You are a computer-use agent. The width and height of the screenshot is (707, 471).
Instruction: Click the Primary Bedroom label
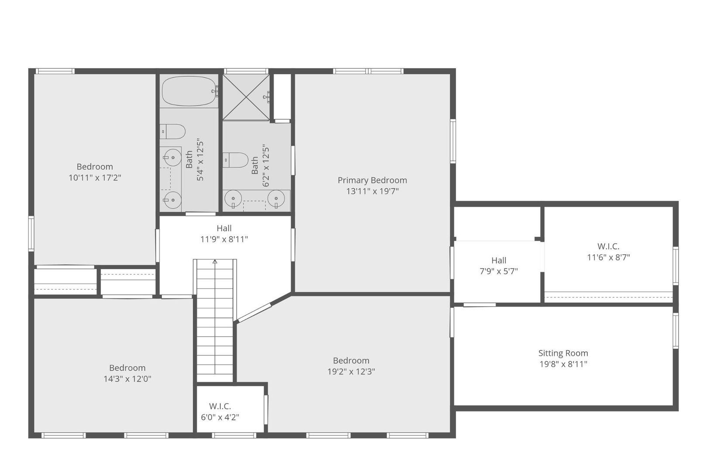point(372,180)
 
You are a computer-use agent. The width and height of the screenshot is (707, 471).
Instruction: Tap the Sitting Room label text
point(563,353)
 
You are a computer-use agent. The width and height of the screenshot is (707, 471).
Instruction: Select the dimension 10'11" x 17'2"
point(95,177)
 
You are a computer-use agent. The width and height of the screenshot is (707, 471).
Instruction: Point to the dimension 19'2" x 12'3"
point(351,371)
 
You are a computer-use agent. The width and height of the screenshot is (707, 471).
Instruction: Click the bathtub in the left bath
point(190,91)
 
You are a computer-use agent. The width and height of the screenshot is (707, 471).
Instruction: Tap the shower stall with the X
point(246,97)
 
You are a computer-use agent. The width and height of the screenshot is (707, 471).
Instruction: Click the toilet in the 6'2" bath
point(236,160)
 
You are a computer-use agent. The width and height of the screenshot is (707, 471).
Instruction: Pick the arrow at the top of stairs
point(215,262)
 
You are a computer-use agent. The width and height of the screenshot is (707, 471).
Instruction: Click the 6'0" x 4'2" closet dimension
point(220,417)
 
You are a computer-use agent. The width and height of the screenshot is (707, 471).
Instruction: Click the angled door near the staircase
point(254,313)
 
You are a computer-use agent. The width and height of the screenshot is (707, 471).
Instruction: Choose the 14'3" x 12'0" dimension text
point(127,379)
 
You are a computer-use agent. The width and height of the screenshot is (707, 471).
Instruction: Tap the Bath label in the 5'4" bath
point(189,159)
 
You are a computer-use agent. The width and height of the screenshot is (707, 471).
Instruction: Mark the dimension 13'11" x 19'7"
point(372,191)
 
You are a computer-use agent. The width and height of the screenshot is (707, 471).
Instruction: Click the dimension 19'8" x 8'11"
point(563,364)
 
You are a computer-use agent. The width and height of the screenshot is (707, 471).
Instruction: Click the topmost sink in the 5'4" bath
point(172,157)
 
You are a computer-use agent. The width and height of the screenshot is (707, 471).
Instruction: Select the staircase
point(215,320)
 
